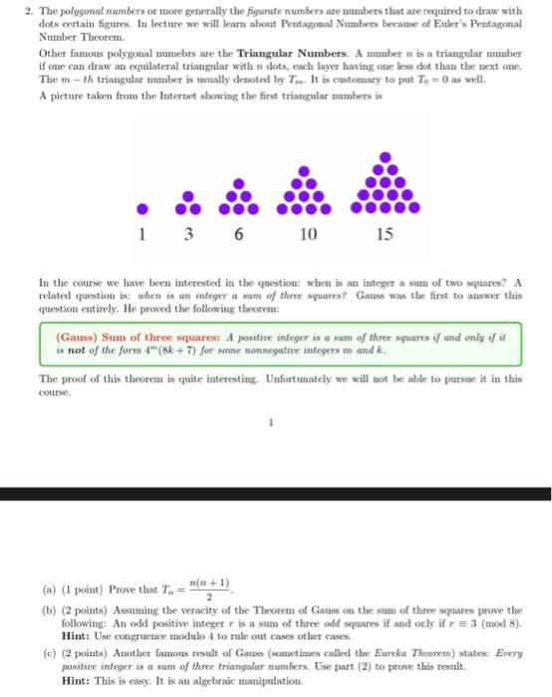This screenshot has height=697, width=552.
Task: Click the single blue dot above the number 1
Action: point(143,209)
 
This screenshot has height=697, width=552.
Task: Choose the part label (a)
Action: point(49,585)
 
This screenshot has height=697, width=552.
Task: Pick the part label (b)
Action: point(49,609)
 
